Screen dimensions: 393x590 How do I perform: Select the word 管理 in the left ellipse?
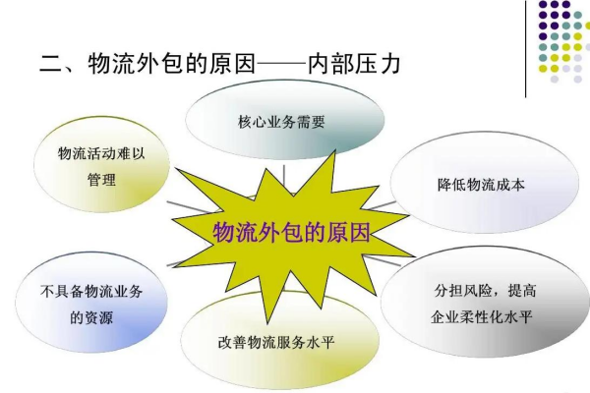coord(102,181)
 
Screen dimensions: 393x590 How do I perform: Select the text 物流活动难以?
coord(102,154)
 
